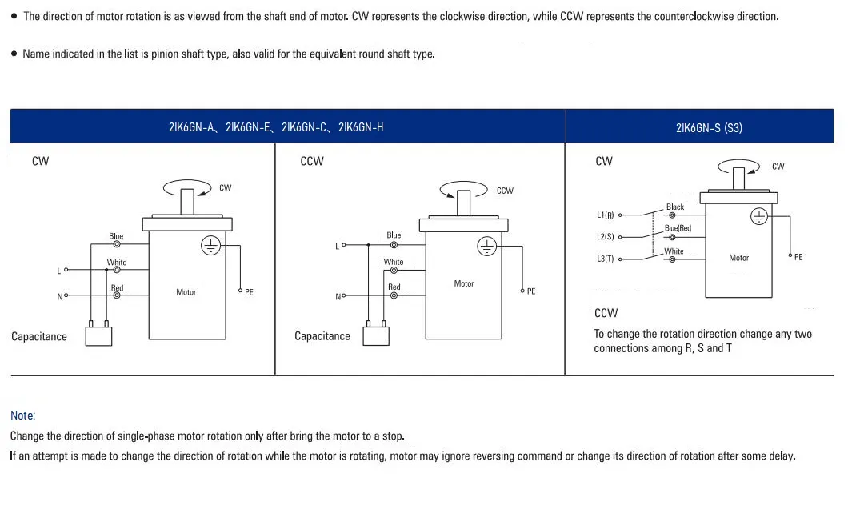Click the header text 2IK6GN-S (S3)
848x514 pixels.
(x=709, y=127)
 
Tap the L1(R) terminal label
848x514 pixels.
(x=605, y=215)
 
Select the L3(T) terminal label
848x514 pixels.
(x=605, y=259)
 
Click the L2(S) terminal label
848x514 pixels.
(x=605, y=238)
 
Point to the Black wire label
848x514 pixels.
(x=675, y=207)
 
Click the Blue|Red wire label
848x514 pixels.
(x=678, y=228)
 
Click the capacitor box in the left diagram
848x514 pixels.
(x=98, y=335)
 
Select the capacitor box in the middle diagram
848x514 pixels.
(x=375, y=335)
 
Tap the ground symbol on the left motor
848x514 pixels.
(x=210, y=246)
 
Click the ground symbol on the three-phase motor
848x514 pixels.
(x=758, y=216)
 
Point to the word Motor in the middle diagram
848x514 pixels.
(x=464, y=283)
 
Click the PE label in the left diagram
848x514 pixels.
(x=249, y=293)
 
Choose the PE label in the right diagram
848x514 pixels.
(x=798, y=257)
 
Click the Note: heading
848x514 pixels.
(x=23, y=416)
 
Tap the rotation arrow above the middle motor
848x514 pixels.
(x=463, y=189)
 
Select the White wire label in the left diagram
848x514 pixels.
(x=117, y=263)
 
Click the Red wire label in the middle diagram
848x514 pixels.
(x=394, y=287)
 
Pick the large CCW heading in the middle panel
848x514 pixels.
(x=312, y=161)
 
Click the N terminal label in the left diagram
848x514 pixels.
(x=59, y=297)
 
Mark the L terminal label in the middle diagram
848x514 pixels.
(x=337, y=247)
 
